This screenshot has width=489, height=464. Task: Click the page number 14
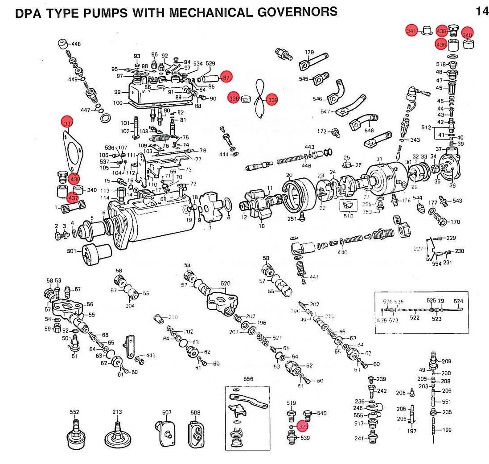click(x=482, y=11)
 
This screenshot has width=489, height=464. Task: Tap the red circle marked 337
click(x=68, y=122)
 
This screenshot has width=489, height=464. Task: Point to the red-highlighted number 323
click(x=303, y=426)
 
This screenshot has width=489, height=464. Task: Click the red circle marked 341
click(x=411, y=31)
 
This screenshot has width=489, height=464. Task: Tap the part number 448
click(x=76, y=44)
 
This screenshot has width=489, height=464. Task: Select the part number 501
click(x=72, y=251)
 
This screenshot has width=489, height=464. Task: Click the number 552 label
click(x=74, y=412)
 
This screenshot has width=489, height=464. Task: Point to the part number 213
click(x=117, y=412)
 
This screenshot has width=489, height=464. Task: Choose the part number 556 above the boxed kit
click(x=248, y=379)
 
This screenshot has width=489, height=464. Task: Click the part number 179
click(x=309, y=53)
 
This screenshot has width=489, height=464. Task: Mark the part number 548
click(x=369, y=131)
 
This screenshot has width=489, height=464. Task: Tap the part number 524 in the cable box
click(x=458, y=301)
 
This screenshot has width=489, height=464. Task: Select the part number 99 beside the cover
click(x=118, y=92)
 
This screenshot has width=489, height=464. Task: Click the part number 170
click(x=455, y=222)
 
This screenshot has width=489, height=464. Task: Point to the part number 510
click(x=348, y=216)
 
